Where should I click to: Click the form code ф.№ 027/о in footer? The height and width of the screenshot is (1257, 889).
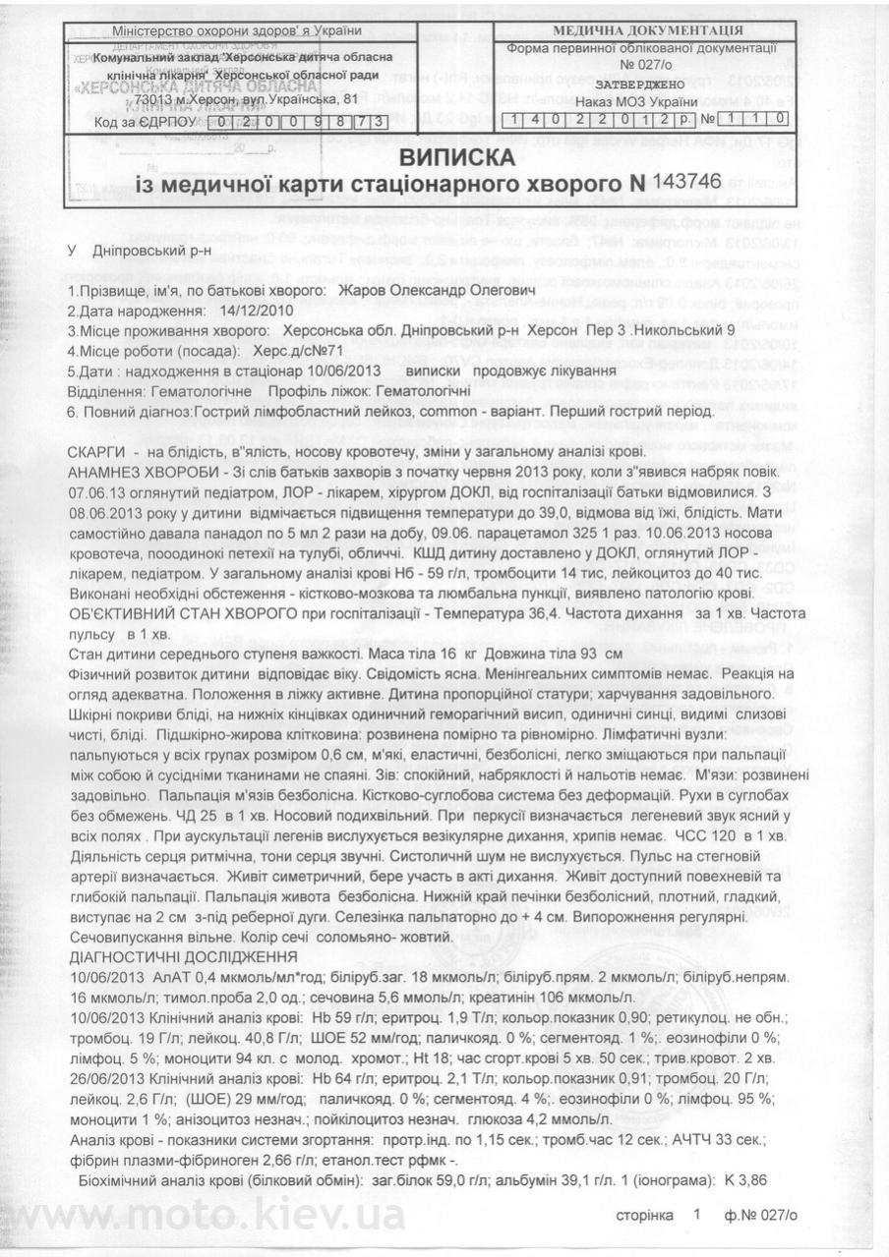coord(760,1215)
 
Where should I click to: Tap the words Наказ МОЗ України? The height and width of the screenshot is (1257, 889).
coord(635,102)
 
